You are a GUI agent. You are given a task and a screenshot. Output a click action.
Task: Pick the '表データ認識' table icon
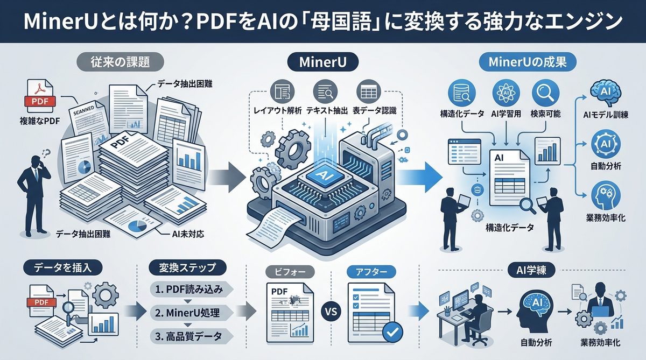[369, 91]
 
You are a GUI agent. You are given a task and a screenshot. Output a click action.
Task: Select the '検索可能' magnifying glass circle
[545, 93]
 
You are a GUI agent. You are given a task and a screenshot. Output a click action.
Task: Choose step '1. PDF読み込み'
[188, 289]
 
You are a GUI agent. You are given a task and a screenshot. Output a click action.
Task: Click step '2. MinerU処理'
[188, 313]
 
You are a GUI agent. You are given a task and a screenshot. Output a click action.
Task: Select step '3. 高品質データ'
[188, 336]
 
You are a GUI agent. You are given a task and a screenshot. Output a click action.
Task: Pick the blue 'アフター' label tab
[371, 272]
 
